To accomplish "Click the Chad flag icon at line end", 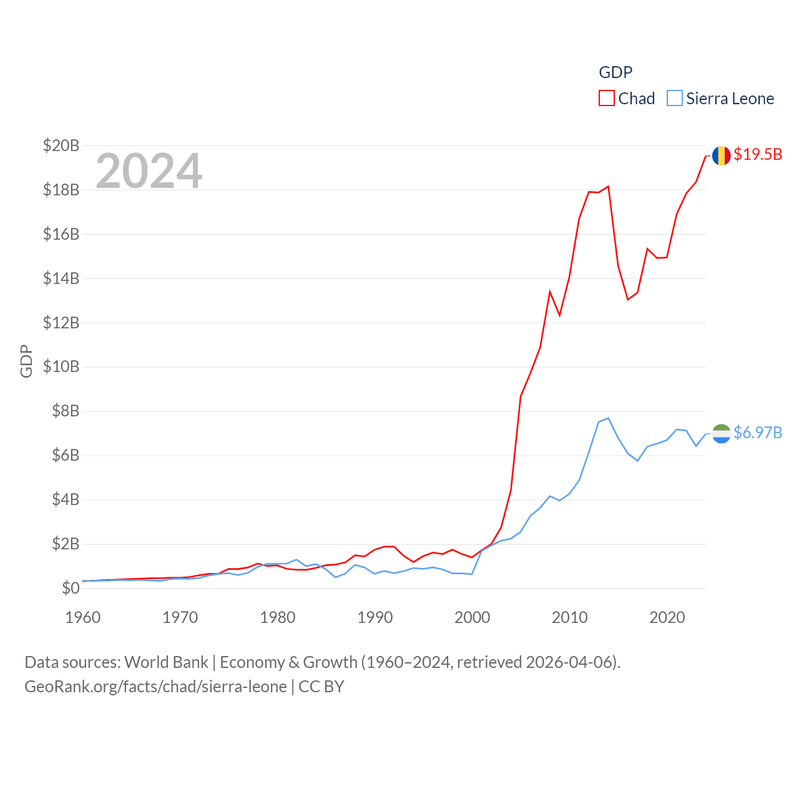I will point(721,155).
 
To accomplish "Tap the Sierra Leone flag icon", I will point(721,433).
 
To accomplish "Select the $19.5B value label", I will point(758,154).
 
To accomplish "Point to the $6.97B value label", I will point(758,433).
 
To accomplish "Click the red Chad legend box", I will point(606,99).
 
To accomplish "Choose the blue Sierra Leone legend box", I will point(674,99).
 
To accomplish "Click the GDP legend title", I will point(615,72).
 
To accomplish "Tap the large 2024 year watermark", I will point(149,170).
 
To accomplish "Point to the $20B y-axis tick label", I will point(61,145).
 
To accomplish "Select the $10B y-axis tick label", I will point(61,366).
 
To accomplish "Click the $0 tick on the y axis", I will point(71,588).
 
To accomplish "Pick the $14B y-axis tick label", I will point(61,278).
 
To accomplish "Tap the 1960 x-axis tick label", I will point(83,617).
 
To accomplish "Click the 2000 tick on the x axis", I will point(473,617).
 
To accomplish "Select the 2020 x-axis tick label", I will point(667,617).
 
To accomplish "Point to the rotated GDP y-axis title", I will point(26,361).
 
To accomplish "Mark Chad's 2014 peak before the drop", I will point(608,186).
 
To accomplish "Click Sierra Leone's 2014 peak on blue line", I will point(608,418).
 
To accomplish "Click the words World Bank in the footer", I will point(167,662).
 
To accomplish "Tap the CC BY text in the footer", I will point(321,687).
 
